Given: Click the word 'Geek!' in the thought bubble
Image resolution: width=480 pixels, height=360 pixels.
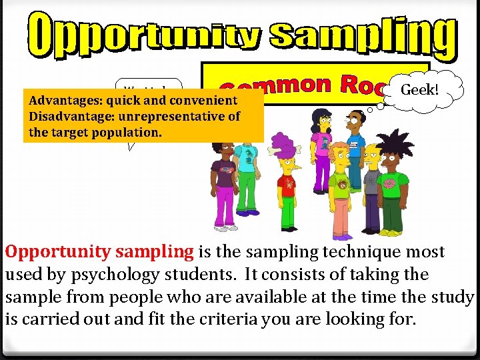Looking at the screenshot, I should (x=421, y=89).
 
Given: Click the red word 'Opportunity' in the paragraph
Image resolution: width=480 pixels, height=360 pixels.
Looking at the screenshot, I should (x=61, y=252).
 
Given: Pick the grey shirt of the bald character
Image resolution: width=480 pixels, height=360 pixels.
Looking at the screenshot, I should (x=369, y=180).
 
